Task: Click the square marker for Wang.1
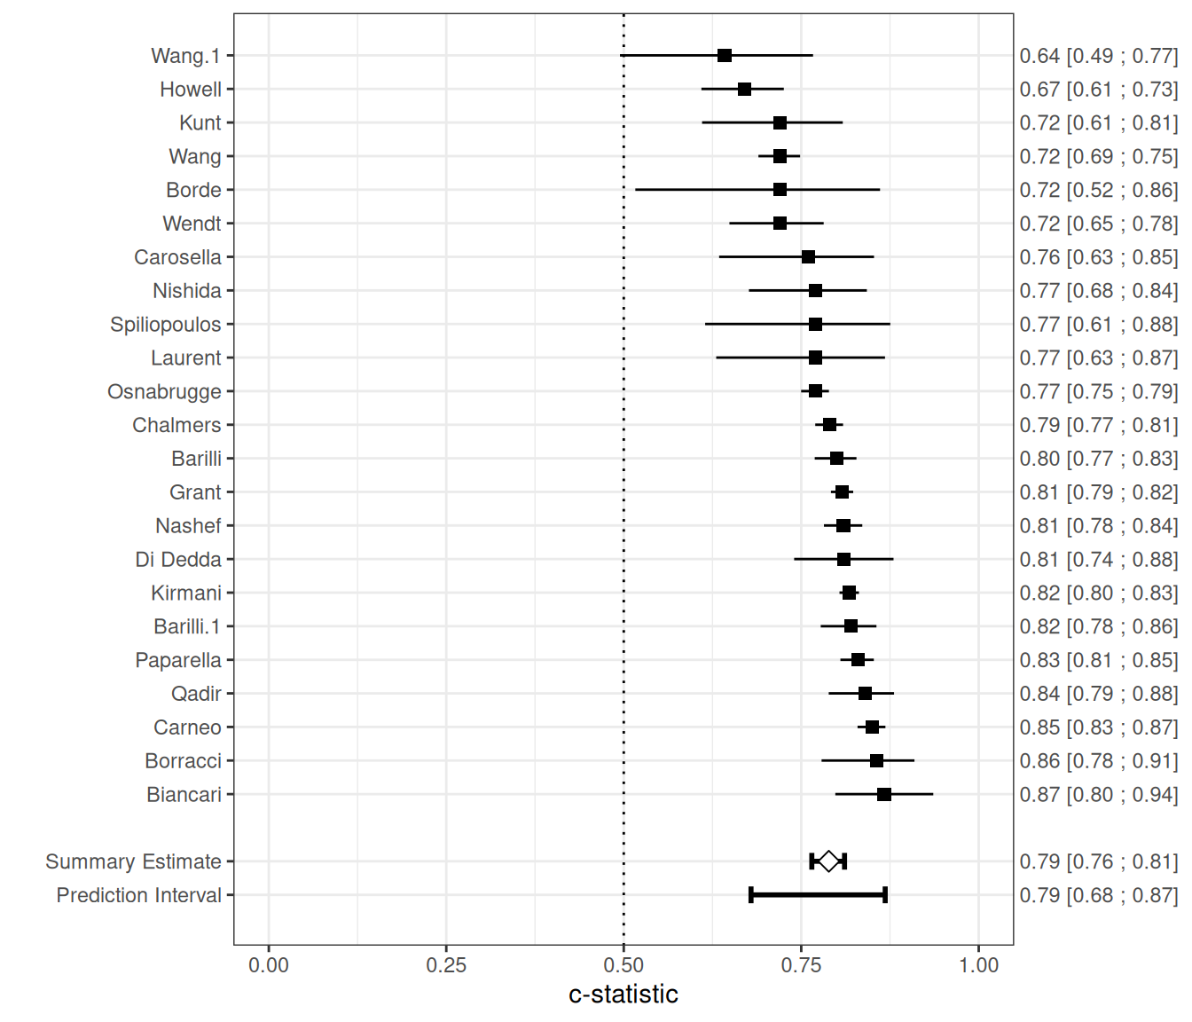click(x=725, y=56)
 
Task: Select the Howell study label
click(x=191, y=90)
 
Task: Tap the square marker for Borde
click(x=780, y=190)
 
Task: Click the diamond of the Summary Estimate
click(x=828, y=861)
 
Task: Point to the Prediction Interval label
click(x=138, y=895)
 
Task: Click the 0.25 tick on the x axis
click(x=446, y=965)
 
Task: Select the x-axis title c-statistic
click(x=623, y=994)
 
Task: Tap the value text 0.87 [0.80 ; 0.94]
click(x=1098, y=795)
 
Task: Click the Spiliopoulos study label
click(x=165, y=325)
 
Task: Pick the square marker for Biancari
click(x=884, y=794)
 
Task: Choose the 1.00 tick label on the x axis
click(x=978, y=965)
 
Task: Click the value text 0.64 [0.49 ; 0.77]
click(x=1098, y=56)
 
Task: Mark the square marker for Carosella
click(x=808, y=257)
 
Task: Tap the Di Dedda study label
click(x=177, y=560)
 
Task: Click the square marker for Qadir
click(x=865, y=694)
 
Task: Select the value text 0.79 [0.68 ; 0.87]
click(x=1098, y=895)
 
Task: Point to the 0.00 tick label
click(x=269, y=965)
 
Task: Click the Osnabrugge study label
click(x=164, y=392)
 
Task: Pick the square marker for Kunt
click(x=780, y=122)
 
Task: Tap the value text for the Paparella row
click(x=1098, y=660)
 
